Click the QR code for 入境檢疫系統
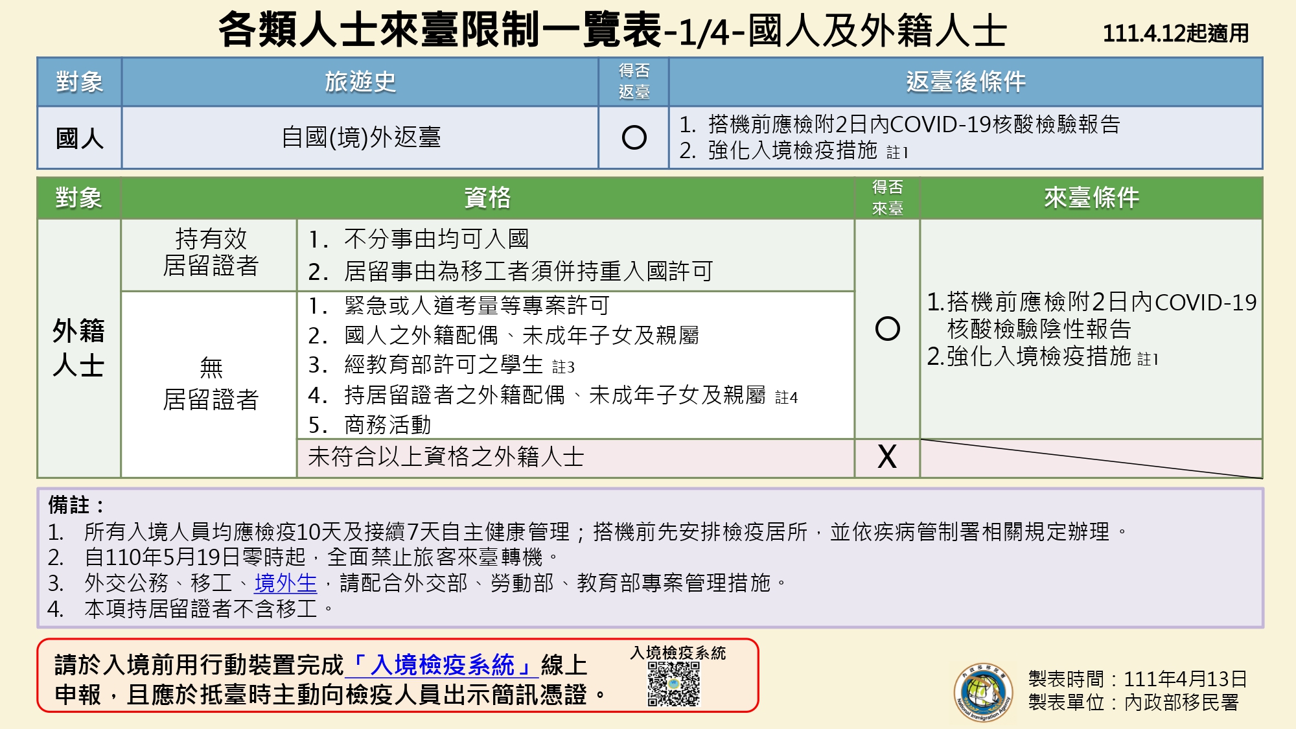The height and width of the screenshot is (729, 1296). click(x=674, y=684)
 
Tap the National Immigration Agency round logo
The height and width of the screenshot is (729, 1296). click(x=984, y=691)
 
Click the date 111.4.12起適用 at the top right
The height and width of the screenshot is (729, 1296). click(x=1175, y=33)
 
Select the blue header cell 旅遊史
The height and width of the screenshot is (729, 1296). click(x=360, y=82)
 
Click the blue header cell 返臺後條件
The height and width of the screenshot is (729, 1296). click(x=966, y=82)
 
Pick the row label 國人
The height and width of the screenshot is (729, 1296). click(x=79, y=138)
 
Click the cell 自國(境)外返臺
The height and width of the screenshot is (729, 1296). click(x=360, y=137)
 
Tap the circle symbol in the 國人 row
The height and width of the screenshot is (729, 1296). click(x=634, y=137)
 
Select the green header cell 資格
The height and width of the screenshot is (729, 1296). click(x=487, y=198)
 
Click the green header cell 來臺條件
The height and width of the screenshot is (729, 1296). click(x=1091, y=198)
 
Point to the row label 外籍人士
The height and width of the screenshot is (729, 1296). click(x=79, y=348)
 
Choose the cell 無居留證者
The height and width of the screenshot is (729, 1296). click(x=210, y=384)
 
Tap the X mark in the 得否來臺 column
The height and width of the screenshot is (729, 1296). click(x=887, y=457)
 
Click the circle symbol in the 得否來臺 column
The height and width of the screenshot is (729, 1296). click(x=887, y=329)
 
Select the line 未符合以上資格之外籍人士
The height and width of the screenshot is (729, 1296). click(x=446, y=457)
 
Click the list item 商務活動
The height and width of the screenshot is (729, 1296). click(x=370, y=425)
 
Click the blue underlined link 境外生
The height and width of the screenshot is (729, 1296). click(x=286, y=583)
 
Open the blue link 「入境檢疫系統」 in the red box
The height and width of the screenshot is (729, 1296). click(x=442, y=665)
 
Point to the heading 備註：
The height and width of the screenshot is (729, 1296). click(x=76, y=505)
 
